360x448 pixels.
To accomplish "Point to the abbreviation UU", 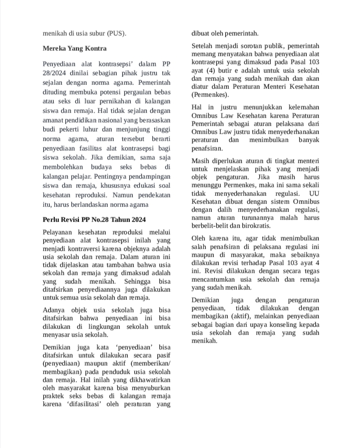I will pyautogui.click(x=314, y=194).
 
